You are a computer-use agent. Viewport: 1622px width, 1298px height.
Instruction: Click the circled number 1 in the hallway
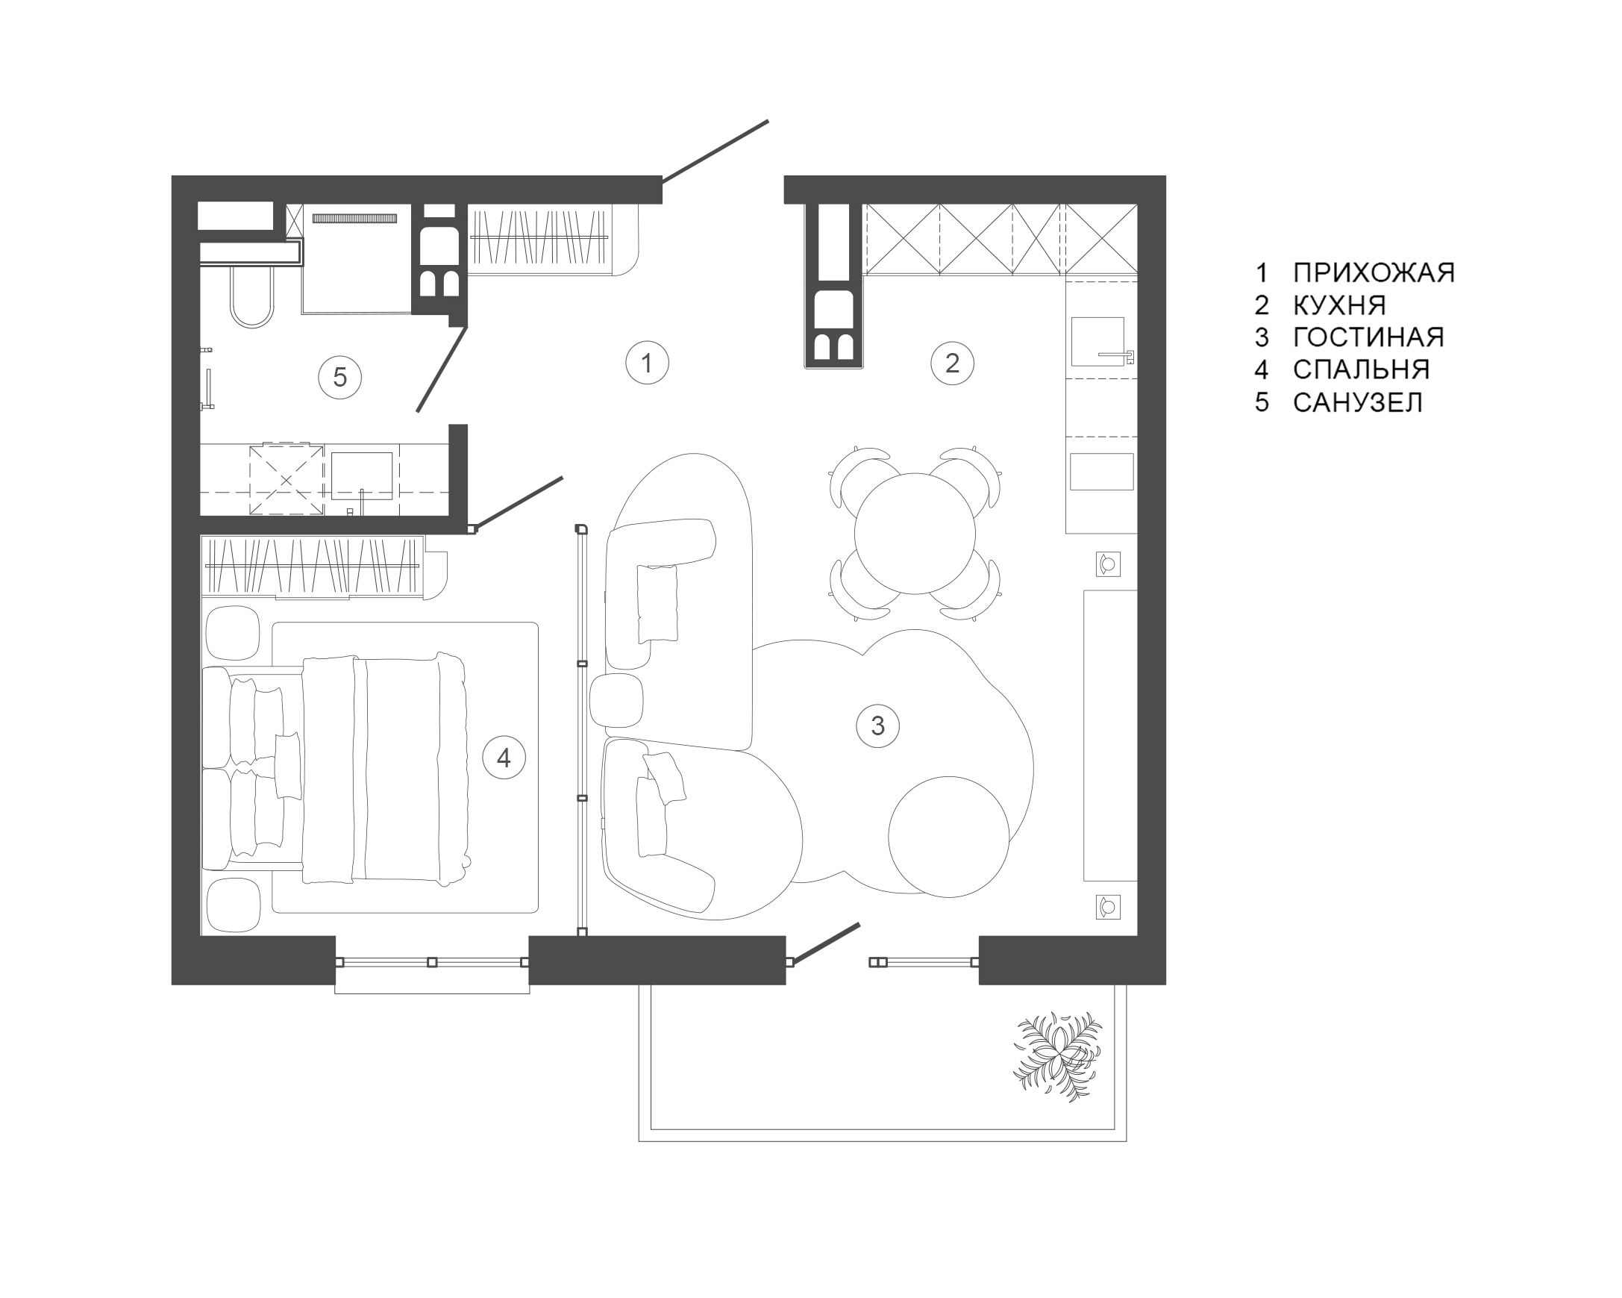(x=647, y=363)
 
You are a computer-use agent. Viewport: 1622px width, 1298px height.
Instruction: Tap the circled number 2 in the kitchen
(x=953, y=363)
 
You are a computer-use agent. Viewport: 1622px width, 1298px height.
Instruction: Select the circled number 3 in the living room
(x=878, y=726)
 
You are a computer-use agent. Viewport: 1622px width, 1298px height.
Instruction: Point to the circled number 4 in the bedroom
(x=504, y=758)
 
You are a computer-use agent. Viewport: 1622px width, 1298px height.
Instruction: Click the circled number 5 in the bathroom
(x=340, y=377)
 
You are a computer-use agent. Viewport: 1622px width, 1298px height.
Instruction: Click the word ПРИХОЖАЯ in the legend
(x=1374, y=272)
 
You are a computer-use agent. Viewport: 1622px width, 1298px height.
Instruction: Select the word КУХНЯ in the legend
(x=1339, y=305)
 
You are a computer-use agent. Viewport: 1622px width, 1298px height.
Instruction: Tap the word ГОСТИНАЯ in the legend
(x=1368, y=337)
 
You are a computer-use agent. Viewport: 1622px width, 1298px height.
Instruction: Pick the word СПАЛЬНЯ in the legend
(x=1361, y=369)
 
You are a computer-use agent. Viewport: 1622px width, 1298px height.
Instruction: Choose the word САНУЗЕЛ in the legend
(x=1358, y=402)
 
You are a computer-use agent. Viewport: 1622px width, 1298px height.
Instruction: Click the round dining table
(x=915, y=533)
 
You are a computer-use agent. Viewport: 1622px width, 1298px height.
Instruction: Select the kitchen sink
(x=1097, y=342)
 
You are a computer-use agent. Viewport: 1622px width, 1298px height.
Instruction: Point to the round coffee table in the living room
(x=948, y=837)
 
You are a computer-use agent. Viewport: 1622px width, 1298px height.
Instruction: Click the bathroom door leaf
(x=442, y=369)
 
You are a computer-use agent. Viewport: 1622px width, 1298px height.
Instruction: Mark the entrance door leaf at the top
(x=715, y=151)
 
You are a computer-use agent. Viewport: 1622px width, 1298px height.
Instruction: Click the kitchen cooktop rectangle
(x=1101, y=471)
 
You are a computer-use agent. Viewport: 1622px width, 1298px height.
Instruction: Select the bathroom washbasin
(x=362, y=475)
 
